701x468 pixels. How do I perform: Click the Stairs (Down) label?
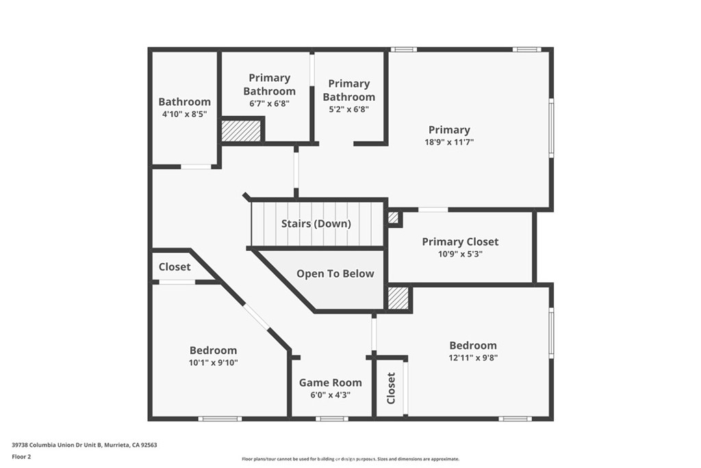316,223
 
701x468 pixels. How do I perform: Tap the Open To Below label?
335,274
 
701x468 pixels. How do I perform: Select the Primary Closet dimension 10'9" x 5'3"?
460,254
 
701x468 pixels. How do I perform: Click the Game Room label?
331,382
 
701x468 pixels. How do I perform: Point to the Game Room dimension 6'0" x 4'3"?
331,395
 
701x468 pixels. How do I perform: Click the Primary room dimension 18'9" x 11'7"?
449,143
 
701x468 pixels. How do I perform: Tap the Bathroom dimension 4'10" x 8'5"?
185,114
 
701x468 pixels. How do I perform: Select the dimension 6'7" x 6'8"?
270,103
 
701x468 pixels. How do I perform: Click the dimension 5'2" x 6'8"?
348,109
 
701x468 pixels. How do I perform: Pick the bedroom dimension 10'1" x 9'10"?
214,363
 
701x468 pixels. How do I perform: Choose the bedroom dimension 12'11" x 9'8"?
473,358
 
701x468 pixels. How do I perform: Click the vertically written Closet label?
391,389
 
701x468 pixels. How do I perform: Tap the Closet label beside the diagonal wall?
175,267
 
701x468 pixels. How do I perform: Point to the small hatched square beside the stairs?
393,218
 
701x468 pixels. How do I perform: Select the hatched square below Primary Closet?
398,298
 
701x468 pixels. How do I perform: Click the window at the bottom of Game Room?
332,419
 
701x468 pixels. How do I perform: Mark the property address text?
84,445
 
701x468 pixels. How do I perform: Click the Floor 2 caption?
21,457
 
